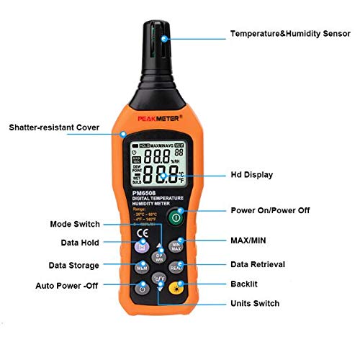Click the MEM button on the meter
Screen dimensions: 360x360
click(x=142, y=267)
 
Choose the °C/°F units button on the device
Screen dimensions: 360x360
click(x=159, y=277)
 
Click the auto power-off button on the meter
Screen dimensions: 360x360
click(x=143, y=289)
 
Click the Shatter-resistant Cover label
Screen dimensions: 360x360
click(x=64, y=127)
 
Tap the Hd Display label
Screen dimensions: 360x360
click(x=251, y=175)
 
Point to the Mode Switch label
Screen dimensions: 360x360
click(x=76, y=224)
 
